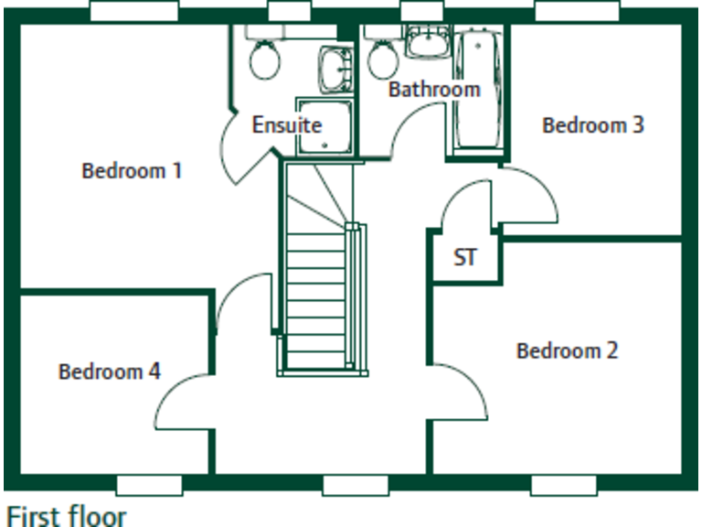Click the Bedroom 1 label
[132, 170]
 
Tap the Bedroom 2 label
[567, 350]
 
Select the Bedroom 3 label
[593, 125]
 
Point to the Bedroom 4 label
[109, 371]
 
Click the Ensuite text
[286, 124]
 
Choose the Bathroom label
[434, 90]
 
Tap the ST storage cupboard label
[465, 258]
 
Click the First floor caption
[66, 514]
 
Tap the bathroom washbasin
[426, 42]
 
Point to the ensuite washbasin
[335, 67]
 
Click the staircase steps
[315, 293]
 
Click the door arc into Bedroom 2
[463, 399]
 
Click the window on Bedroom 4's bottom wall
[149, 484]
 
